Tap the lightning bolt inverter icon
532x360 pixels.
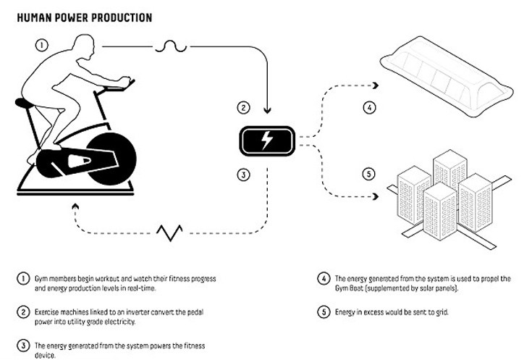tap(269, 140)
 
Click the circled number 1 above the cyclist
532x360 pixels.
tap(43, 44)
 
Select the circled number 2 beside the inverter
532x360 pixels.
tap(245, 109)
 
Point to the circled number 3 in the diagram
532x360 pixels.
tap(245, 174)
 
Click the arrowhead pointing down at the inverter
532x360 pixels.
tap(269, 112)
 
